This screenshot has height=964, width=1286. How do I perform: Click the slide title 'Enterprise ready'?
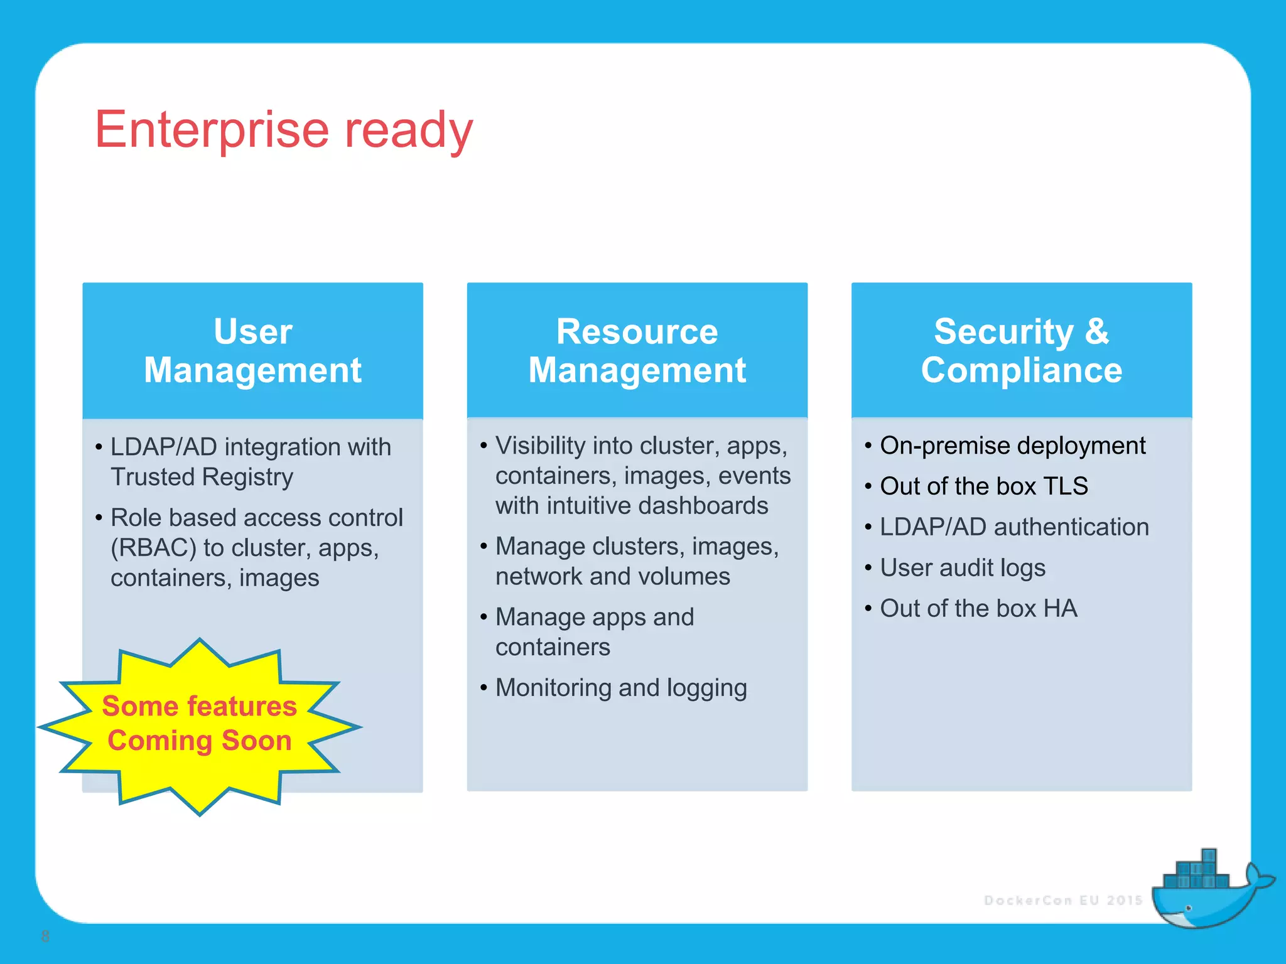coord(284,130)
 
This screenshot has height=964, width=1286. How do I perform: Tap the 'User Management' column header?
coord(252,350)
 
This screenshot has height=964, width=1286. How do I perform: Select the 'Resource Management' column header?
coord(637,350)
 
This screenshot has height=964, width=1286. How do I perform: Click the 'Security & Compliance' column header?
coord(1021,350)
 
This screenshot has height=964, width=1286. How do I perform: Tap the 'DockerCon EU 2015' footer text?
coord(1063,901)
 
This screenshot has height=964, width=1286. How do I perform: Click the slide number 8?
coord(45,936)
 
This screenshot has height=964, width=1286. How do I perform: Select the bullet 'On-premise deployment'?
coord(1012,446)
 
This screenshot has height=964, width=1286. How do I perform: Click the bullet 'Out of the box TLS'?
coord(983,486)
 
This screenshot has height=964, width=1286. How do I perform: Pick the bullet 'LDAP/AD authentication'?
coord(1014,527)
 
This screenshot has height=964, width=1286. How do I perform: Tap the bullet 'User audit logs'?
coord(962,568)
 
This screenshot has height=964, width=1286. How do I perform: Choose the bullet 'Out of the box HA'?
coord(978,609)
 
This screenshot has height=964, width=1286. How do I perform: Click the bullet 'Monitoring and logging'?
coord(620,688)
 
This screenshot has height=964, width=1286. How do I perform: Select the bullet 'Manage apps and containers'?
coord(594,632)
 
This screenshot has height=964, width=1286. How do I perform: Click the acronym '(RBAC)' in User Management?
coord(153,548)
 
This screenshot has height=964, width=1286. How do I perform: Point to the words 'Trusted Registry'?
coord(202,477)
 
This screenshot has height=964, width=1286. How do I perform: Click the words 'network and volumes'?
coord(612,577)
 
